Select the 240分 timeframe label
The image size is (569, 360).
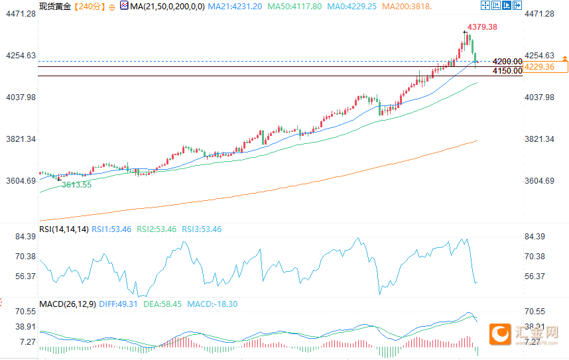point(88,6)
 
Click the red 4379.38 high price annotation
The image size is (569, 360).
point(482,27)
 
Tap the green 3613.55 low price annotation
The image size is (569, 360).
point(76,185)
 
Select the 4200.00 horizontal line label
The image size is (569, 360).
point(507,62)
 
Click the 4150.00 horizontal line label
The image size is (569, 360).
point(507,70)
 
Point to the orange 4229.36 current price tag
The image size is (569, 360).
point(539,66)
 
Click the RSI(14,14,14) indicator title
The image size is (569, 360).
point(64,229)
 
